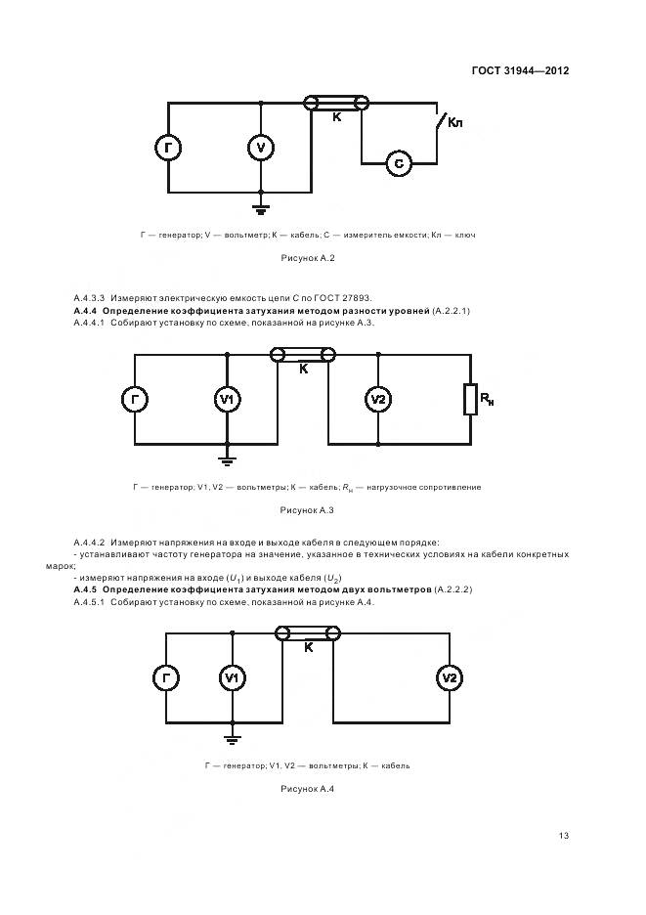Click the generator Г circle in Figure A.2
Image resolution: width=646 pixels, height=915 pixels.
169,148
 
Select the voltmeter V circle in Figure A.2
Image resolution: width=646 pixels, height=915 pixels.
260,148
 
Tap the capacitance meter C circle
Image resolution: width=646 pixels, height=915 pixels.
399,162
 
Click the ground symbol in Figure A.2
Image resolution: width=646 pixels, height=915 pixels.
260,205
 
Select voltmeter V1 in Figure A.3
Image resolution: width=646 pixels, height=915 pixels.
227,399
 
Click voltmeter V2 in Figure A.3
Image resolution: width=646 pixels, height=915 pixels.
379,399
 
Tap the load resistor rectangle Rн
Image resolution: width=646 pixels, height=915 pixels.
470,399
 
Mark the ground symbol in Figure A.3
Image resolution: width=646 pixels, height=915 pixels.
227,456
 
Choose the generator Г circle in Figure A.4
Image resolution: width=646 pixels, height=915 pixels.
167,677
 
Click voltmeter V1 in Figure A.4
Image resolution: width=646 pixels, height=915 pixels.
232,677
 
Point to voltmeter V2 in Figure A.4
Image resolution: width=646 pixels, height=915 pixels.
449,677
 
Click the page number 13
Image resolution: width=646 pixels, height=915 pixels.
564,836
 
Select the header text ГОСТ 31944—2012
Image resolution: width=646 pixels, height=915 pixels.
520,70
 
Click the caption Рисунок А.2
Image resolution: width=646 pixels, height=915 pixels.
308,258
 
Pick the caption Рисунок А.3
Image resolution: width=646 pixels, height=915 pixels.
308,509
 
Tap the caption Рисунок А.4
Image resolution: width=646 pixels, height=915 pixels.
308,789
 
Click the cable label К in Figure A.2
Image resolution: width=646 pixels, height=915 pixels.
336,117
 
